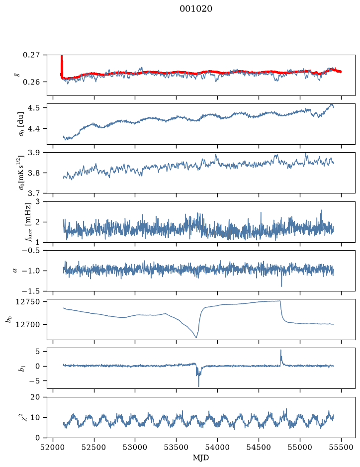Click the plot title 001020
click(195, 9)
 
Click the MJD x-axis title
click(201, 458)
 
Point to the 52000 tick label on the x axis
click(53, 447)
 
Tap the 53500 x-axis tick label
click(177, 447)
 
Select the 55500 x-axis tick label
click(341, 447)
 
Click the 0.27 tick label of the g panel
click(31, 55)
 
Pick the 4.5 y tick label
click(33, 107)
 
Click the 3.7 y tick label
click(33, 193)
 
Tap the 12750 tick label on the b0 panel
click(27, 302)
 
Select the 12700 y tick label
click(27, 325)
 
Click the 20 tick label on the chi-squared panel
click(35, 397)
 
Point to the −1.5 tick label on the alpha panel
click(31, 291)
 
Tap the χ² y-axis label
click(20, 417)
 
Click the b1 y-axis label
click(21, 368)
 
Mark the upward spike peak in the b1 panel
click(281, 350)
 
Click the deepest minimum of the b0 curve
click(196, 337)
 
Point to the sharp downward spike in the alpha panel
click(281, 286)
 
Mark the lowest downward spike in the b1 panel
click(198, 386)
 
